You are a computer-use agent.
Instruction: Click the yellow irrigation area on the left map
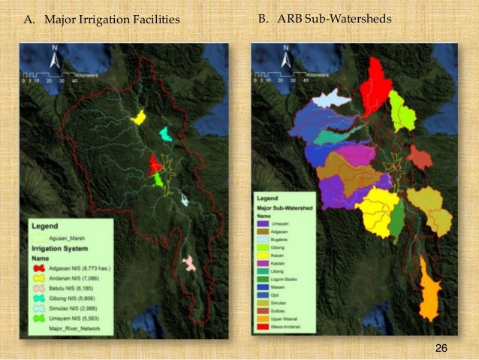[138, 117]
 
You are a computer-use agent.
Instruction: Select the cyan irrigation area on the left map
[165, 134]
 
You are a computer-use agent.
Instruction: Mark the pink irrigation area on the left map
[189, 263]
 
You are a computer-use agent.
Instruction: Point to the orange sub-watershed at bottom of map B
[429, 289]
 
